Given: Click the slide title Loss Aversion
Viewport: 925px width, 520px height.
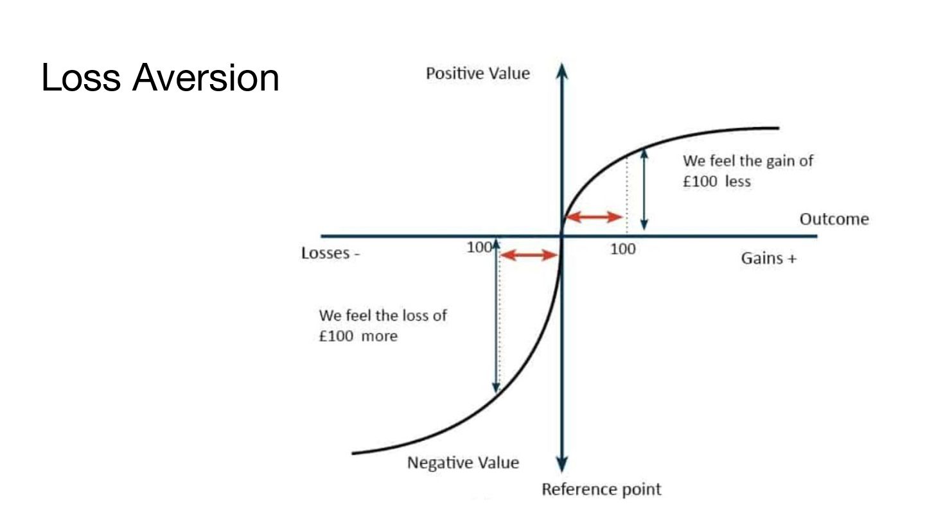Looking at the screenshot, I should tap(160, 79).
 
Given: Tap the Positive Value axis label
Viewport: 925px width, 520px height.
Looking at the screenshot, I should tap(478, 73).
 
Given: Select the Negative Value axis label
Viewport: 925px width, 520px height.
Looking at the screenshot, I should tap(463, 462).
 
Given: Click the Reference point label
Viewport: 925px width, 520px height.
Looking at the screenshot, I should tap(601, 489).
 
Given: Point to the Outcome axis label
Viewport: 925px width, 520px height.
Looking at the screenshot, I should tap(834, 220).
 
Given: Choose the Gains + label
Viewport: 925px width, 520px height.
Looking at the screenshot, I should tap(769, 259).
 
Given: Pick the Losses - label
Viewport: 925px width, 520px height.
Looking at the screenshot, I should tap(330, 253).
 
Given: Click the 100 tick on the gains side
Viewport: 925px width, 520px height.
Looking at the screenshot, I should tap(622, 249).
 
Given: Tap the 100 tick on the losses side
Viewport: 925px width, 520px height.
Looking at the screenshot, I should tap(479, 247).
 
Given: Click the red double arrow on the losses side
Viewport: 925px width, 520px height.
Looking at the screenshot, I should tap(528, 256).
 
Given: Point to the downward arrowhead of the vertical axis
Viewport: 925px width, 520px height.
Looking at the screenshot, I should tap(563, 464).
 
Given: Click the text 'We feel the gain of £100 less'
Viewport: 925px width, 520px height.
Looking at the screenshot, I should tap(747, 171).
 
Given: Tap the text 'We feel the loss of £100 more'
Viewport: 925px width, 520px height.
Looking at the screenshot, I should tap(383, 325).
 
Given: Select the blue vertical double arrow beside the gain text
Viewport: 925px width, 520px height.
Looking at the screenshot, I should tap(644, 189).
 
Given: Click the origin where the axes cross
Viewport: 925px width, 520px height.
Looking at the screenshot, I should tap(563, 236).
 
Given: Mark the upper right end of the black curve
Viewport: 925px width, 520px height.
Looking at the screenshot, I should tap(777, 128).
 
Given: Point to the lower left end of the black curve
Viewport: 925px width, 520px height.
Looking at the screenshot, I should tap(353, 453).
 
